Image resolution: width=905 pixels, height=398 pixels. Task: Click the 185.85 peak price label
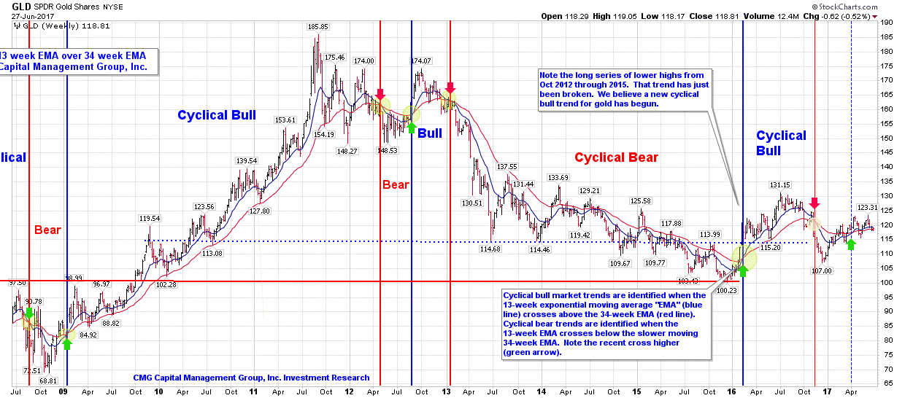tap(318, 27)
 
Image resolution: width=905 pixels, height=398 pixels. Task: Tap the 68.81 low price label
tap(48, 381)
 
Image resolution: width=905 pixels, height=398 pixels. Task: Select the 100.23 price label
tap(726, 290)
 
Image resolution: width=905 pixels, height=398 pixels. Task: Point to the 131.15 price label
tap(780, 184)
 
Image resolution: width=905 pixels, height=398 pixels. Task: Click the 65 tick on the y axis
tap(885, 383)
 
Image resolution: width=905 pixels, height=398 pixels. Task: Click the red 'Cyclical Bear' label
tap(616, 157)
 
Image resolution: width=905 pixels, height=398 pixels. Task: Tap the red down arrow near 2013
tap(450, 89)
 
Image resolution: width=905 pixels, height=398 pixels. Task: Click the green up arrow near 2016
tap(743, 270)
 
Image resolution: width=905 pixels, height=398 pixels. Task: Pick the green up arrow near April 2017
tap(851, 243)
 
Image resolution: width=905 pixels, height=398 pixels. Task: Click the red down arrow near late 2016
tap(814, 204)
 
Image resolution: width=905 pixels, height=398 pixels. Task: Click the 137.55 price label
tap(507, 167)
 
